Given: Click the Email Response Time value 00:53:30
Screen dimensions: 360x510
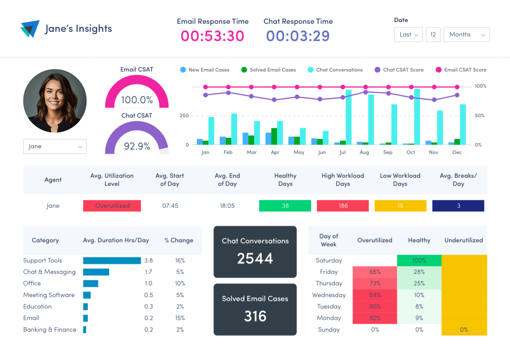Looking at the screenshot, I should click(212, 36).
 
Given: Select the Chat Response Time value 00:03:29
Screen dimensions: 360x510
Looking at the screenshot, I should click(297, 36).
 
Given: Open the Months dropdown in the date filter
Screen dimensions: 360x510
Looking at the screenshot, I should click(466, 34).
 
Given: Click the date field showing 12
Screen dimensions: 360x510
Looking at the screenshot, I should click(433, 34).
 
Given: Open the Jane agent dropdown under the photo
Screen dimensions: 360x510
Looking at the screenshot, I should click(55, 146).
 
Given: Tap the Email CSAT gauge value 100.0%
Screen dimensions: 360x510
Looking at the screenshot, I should click(137, 100).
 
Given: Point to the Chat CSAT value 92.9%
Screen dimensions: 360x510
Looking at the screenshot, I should click(137, 146).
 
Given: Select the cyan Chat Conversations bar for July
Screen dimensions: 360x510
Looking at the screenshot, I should click(348, 117).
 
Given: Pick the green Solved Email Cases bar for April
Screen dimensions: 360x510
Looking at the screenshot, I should click(274, 136).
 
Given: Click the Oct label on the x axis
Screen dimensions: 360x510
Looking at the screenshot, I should click(411, 152).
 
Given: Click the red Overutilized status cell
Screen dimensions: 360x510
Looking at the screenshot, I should click(112, 206).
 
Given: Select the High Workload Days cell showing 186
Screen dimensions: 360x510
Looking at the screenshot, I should click(343, 206).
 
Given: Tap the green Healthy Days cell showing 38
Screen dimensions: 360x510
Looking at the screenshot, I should click(285, 206).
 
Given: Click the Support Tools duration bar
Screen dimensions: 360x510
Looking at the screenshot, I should click(112, 261).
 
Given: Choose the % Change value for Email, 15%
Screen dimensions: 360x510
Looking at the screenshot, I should click(180, 318).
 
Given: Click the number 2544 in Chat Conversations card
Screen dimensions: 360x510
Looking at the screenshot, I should click(255, 258).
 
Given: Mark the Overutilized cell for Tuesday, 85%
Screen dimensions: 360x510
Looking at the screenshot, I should click(374, 306).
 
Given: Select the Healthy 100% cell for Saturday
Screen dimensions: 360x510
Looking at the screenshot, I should click(419, 261).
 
